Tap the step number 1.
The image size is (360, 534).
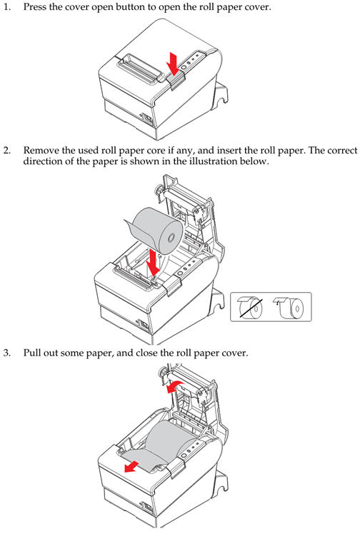click(x=6, y=7)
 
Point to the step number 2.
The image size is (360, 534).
click(x=7, y=150)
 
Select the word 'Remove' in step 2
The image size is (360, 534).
click(x=39, y=150)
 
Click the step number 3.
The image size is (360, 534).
click(x=7, y=353)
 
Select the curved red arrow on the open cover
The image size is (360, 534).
click(x=175, y=386)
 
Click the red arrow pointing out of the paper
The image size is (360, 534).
click(x=131, y=466)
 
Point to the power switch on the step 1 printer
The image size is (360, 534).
click(x=148, y=118)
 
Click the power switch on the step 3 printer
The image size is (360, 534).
click(x=148, y=508)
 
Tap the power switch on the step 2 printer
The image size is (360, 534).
click(x=144, y=325)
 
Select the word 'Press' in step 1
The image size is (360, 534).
click(x=34, y=7)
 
